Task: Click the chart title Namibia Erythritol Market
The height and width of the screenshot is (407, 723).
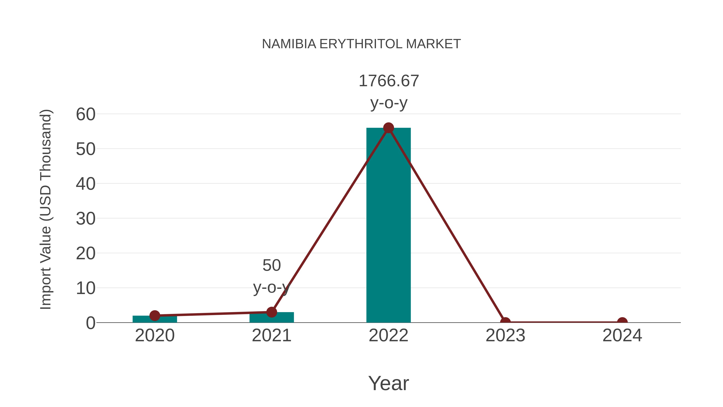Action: coord(361,44)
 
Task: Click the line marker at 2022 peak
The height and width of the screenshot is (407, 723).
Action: coord(388,128)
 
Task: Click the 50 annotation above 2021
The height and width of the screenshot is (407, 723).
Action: coord(271,265)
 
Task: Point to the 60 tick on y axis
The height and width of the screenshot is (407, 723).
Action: coord(86,115)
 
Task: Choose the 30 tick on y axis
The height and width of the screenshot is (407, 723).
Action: coord(86,219)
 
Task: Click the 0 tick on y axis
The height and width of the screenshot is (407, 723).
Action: coord(90,323)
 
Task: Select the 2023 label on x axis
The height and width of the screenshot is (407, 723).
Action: coord(505,335)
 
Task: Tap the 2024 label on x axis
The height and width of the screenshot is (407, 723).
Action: coord(622,335)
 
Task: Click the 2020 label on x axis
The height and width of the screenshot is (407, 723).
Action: coord(155,335)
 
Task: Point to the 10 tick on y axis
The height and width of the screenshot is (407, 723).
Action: coord(86,288)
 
